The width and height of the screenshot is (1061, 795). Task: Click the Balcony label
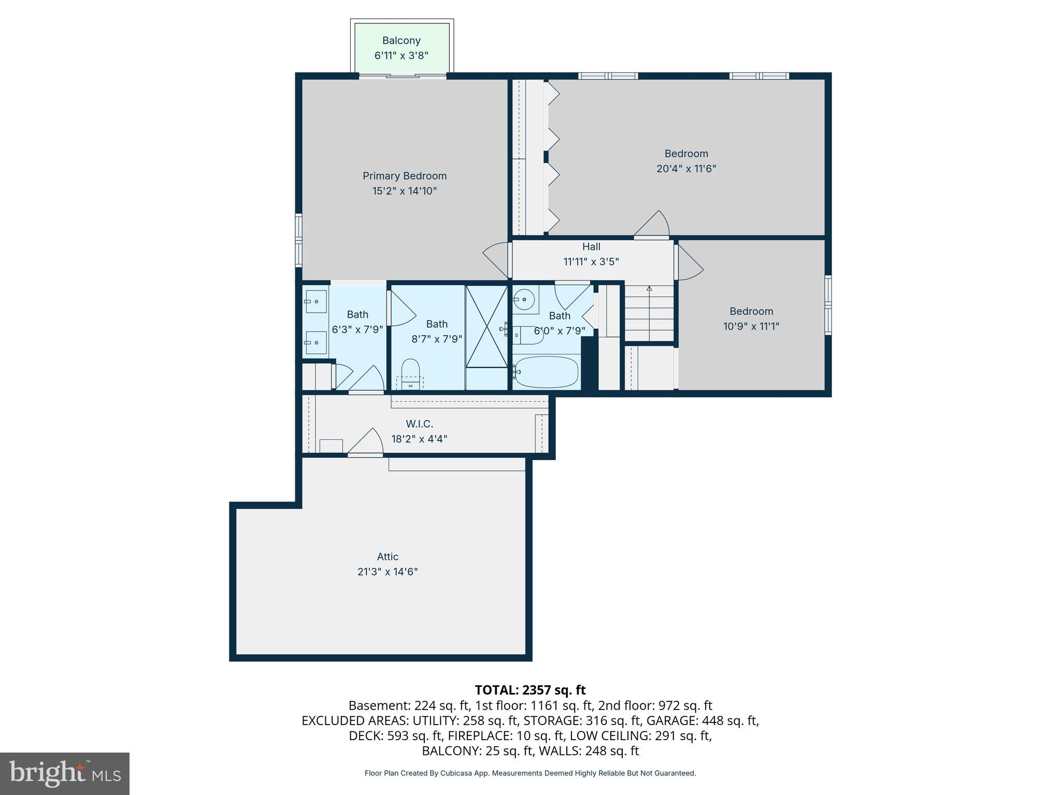401,40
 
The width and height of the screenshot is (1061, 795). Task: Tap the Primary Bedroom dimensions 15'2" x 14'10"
404,191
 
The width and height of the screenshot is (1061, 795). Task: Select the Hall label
591,247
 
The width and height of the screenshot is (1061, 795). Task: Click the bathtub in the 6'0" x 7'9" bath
546,372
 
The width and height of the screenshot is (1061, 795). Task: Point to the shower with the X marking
486,326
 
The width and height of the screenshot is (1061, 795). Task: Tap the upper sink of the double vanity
316,301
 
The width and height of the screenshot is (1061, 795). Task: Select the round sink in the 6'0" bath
524,299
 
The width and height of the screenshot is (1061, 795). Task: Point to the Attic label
388,557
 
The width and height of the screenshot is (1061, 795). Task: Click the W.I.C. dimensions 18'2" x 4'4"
419,439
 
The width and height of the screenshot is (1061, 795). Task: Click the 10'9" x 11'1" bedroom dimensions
751,326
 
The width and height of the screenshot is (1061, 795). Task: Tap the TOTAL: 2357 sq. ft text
530,690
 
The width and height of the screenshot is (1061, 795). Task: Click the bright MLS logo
65,773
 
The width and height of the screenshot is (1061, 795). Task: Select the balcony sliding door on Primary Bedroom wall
403,76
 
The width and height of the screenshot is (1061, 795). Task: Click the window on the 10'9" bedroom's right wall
828,305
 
